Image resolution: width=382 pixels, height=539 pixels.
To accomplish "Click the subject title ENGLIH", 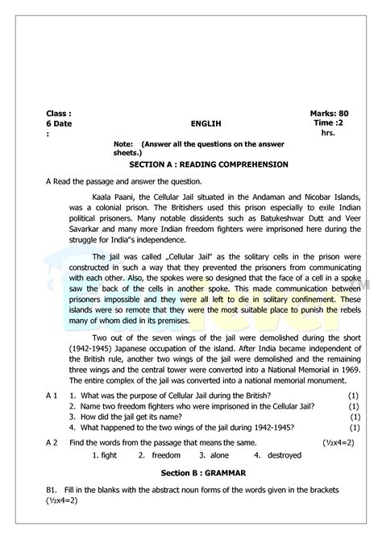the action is pos(206,124).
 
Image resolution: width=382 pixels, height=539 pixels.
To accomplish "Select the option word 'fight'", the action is pos(109,456).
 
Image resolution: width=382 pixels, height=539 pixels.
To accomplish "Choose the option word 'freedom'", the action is pos(166,456).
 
